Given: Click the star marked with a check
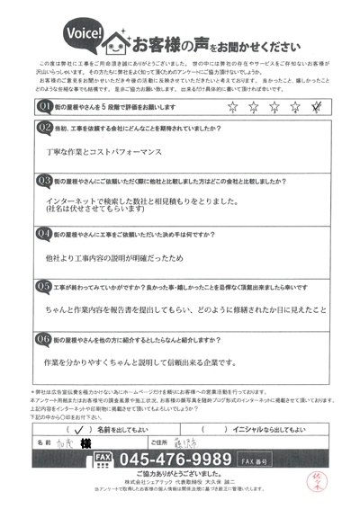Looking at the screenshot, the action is tap(315, 108).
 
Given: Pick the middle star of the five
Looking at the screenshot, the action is tap(274, 108).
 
